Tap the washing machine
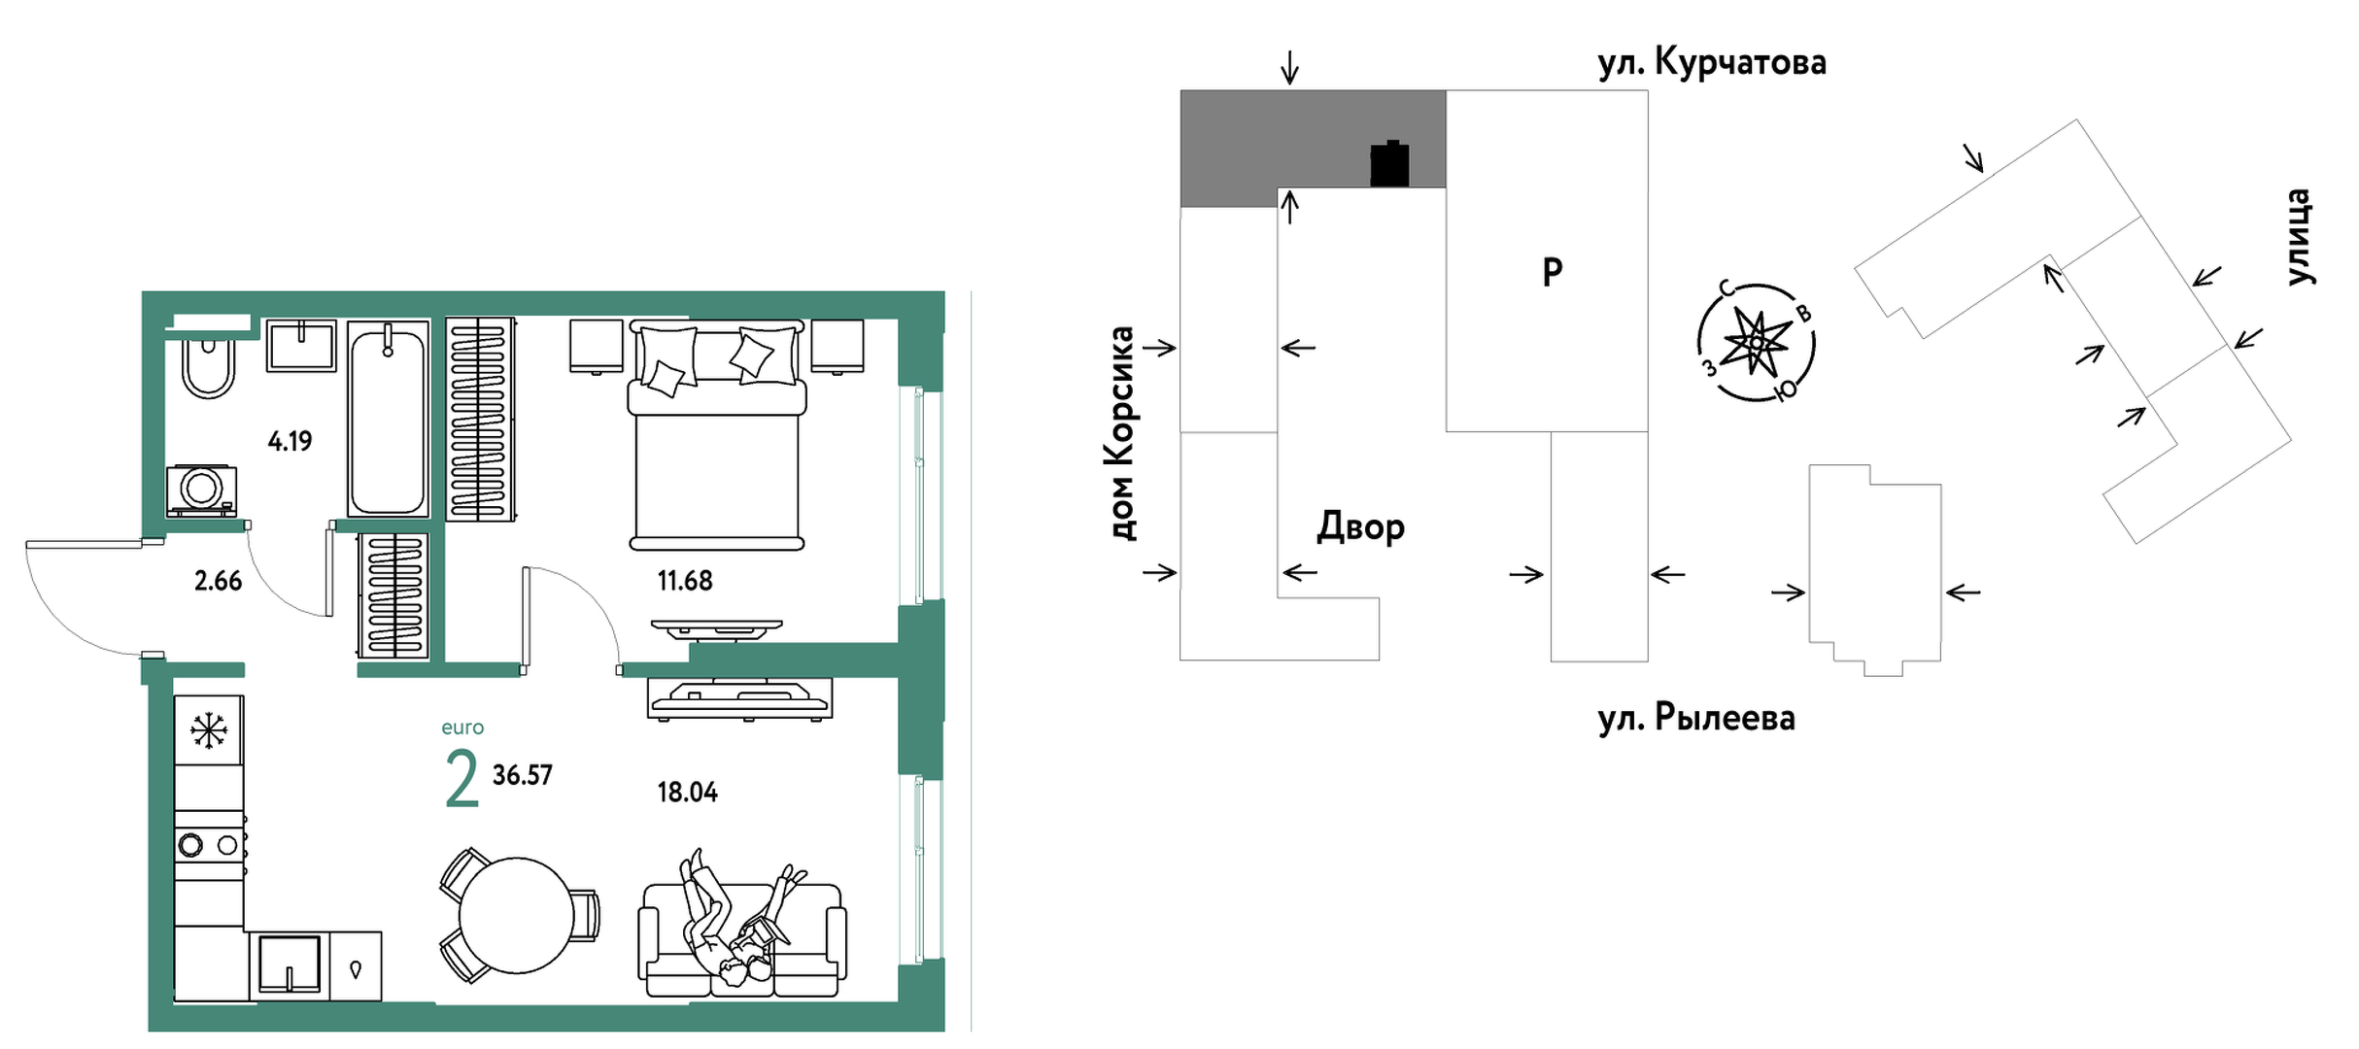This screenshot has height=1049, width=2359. [202, 490]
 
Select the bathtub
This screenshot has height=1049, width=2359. [388, 420]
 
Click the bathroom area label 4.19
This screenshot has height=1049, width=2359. [290, 442]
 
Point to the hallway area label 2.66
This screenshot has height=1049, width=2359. [218, 581]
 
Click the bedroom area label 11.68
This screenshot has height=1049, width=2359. [685, 581]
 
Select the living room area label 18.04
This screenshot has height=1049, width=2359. [687, 793]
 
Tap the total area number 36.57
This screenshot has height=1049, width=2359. [523, 775]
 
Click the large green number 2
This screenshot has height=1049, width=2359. [462, 779]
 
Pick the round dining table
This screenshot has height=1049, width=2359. [516, 915]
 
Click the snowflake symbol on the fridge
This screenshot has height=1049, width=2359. [209, 730]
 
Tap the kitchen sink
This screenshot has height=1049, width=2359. [289, 964]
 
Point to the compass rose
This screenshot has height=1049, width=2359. [1756, 343]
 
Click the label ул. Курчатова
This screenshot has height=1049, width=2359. [1712, 62]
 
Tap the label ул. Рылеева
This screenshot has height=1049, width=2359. [1696, 718]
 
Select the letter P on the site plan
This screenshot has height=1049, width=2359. [1552, 271]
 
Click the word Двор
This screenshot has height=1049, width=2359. [1360, 526]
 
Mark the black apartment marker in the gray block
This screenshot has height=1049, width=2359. [1389, 164]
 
